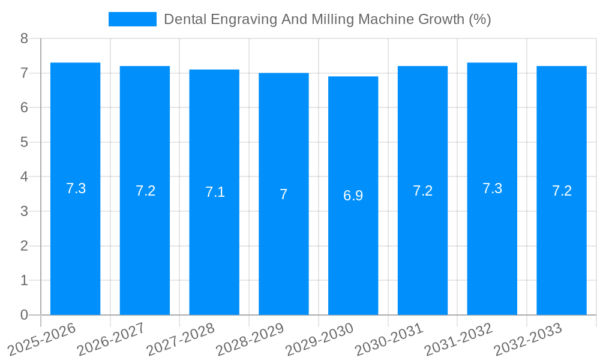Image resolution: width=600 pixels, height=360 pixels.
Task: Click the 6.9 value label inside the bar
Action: [353, 196]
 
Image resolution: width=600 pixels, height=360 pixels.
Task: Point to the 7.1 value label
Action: [215, 192]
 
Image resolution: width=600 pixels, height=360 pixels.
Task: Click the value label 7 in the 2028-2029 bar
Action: [284, 194]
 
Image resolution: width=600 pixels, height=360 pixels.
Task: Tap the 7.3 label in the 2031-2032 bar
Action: [492, 188]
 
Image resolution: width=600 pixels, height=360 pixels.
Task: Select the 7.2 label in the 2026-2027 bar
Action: [145, 191]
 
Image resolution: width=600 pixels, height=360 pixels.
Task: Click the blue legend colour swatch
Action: [132, 19]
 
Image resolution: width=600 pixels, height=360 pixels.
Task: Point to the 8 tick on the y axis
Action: [24, 38]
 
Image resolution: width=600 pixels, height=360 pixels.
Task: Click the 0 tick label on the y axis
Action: [24, 315]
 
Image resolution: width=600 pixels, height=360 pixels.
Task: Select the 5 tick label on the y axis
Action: [24, 142]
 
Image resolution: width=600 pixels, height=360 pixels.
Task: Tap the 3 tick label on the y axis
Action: [24, 211]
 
